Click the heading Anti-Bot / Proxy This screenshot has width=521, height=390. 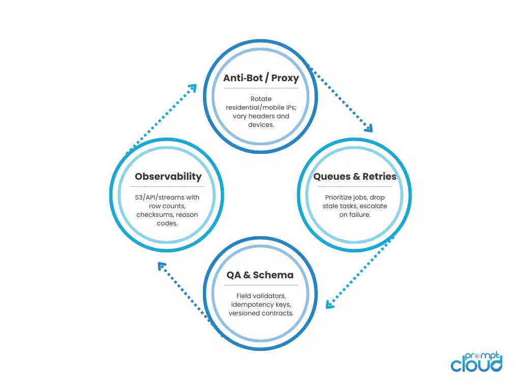(260, 78)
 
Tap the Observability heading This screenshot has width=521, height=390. (168, 177)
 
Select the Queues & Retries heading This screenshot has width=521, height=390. (355, 177)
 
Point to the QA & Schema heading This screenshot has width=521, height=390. (260, 275)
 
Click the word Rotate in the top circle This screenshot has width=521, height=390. (261, 99)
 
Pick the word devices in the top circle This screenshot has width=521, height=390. (261, 124)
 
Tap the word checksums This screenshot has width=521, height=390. (153, 214)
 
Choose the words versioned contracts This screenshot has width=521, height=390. (261, 313)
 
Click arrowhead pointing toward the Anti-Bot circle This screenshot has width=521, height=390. (192, 88)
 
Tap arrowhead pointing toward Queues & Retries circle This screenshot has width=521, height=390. (368, 128)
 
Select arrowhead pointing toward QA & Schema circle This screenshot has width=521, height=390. (330, 305)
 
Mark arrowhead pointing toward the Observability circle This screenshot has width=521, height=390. (161, 266)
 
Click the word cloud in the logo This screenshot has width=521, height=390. (475, 364)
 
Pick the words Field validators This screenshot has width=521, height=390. (260, 296)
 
